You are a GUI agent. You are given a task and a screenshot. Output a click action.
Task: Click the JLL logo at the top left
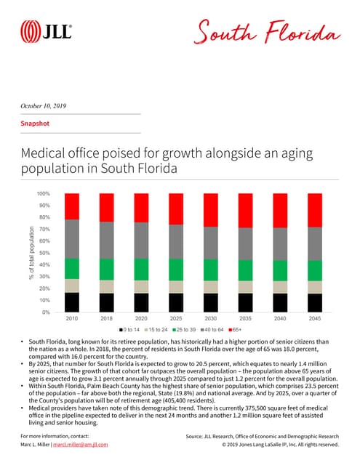click(x=46, y=32)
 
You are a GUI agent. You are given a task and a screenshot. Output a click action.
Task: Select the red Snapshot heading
click(x=34, y=124)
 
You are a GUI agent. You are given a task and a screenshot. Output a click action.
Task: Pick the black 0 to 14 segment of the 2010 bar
click(x=72, y=302)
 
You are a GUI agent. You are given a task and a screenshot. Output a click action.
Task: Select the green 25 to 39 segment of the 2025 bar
click(x=176, y=270)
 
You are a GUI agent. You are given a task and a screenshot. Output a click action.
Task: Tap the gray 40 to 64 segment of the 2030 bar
click(x=211, y=243)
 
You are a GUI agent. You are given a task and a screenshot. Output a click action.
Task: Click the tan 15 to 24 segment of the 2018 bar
click(x=107, y=286)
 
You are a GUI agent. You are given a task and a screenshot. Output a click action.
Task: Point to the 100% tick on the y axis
click(x=43, y=194)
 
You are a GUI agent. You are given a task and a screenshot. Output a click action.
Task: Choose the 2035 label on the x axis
click(x=246, y=319)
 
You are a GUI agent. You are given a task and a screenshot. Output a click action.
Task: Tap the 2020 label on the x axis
click(x=142, y=319)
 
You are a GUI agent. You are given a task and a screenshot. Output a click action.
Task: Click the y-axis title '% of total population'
click(x=32, y=253)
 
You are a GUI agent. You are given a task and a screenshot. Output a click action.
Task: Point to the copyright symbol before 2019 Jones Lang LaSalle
click(x=224, y=445)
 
